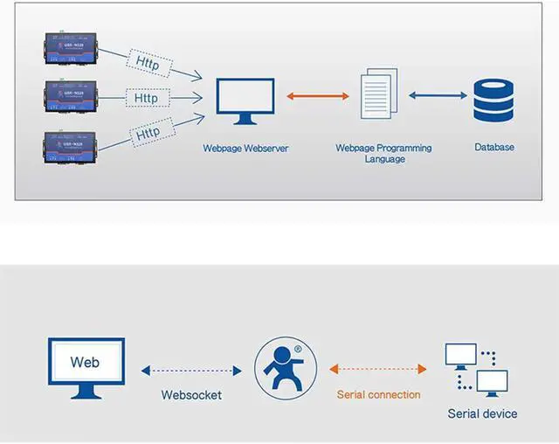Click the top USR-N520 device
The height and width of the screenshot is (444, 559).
pos(71,51)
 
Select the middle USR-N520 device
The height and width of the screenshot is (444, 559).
pos(71,98)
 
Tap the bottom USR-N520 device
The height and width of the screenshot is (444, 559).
pos(71,146)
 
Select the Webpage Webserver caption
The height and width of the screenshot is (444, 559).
pos(245,149)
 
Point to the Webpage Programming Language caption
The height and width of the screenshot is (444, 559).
pos(384,154)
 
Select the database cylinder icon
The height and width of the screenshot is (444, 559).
pos(493,101)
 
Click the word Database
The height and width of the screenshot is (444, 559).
pos(494,148)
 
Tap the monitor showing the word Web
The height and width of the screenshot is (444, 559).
pos(85,367)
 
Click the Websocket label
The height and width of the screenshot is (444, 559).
pos(191,395)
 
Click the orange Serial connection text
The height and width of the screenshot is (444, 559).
pos(378,395)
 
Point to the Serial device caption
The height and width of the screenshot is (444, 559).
pos(482,414)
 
